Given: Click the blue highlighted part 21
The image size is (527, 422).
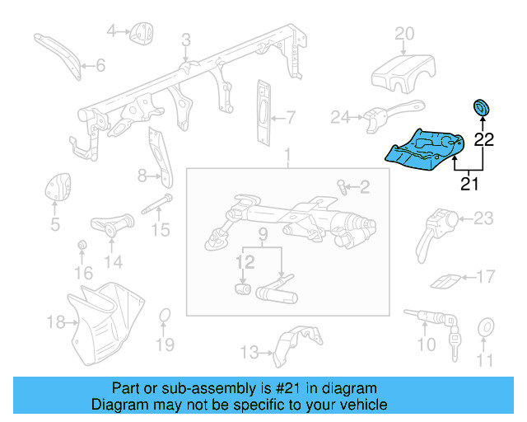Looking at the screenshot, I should tap(424, 150).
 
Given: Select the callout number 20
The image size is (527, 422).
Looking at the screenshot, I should tap(403, 33).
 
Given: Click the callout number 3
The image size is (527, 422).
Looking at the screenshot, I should tap(186, 39).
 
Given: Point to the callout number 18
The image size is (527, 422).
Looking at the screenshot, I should tap(54, 321).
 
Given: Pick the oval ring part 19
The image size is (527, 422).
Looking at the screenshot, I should tap(164, 316).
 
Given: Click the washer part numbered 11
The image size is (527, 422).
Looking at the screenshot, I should tap(485, 328).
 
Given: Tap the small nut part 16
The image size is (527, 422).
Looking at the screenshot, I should tap(82, 246).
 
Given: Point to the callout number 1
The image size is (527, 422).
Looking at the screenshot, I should tap(287, 156).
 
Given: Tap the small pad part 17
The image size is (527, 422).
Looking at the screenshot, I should tap(445, 281).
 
